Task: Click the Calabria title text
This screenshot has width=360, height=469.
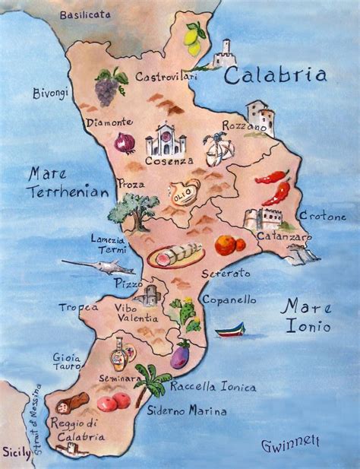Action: pos(276,75)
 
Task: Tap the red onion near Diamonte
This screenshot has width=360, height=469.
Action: pos(124,143)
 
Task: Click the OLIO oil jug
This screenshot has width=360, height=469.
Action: pos(182,191)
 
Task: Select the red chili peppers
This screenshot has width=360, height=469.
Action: pos(273,186)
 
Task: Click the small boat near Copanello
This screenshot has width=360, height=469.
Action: pos(231,330)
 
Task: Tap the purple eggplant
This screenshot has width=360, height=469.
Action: pos(180,355)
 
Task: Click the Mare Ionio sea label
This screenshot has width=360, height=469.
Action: pos(306,316)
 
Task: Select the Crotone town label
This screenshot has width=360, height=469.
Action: pos(322,217)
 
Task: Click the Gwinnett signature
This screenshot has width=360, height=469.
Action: pos(290,442)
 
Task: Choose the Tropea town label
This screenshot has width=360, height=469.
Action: pos(78,307)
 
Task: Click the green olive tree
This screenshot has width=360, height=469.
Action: pos(134,211)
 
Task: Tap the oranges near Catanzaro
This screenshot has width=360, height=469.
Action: pos(229,244)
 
